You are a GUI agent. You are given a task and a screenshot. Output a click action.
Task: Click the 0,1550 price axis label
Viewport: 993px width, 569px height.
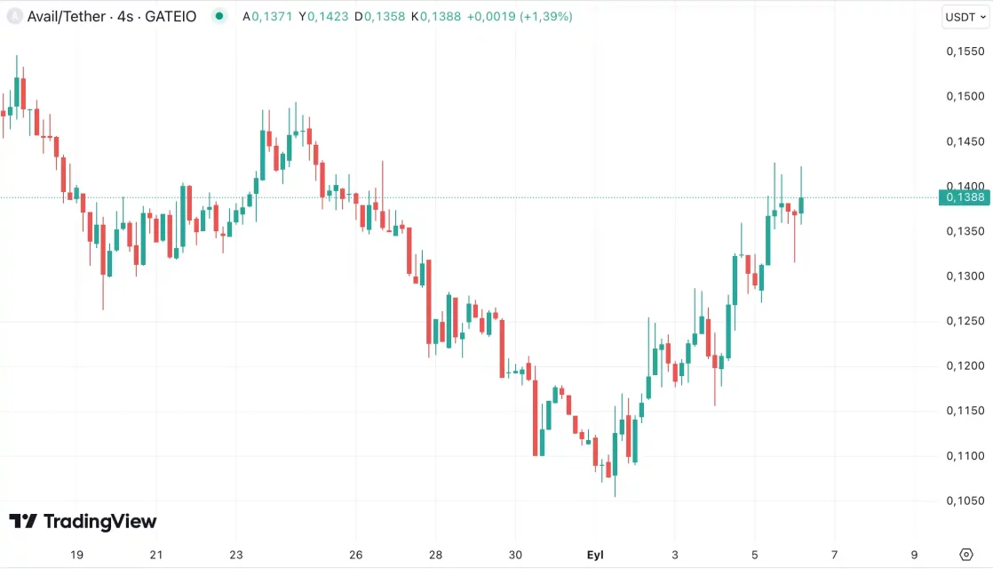pos(965,52)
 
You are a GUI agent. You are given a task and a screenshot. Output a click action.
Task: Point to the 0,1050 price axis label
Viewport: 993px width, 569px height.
pos(965,501)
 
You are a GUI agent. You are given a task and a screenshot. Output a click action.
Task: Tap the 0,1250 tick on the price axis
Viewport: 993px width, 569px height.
pos(965,321)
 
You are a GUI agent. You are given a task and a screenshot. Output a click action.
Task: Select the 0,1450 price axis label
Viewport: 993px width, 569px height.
pos(965,141)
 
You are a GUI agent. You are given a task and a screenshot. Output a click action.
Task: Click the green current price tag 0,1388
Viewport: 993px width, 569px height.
pos(965,197)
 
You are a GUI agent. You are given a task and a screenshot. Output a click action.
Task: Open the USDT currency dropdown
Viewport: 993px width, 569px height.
pos(965,17)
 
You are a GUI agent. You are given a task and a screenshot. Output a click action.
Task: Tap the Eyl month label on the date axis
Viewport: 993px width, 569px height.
pos(595,555)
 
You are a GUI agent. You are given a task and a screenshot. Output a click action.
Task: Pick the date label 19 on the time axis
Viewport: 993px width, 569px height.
pos(76,555)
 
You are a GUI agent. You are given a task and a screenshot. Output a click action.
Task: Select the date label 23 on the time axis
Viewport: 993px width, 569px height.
pos(235,555)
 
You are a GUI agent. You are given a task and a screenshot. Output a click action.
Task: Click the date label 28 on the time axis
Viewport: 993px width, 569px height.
pos(435,555)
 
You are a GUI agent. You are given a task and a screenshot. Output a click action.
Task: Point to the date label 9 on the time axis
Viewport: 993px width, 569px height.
pos(914,555)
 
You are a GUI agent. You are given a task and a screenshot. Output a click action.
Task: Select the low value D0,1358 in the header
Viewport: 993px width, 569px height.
pos(380,16)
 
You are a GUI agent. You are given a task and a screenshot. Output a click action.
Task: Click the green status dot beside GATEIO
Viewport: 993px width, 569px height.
pos(219,16)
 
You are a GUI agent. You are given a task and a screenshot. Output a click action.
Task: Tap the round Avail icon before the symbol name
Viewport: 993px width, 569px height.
pos(14,16)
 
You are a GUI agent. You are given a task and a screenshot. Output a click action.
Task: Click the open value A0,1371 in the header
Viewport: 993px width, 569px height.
pos(267,16)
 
